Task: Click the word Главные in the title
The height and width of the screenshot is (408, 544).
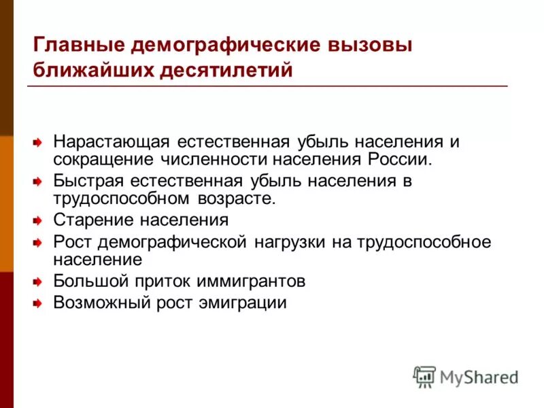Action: coord(77,46)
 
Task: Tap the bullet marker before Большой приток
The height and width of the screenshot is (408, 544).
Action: coord(41,281)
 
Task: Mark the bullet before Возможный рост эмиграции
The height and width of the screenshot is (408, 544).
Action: coord(41,302)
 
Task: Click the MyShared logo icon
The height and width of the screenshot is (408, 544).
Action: coord(424,376)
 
